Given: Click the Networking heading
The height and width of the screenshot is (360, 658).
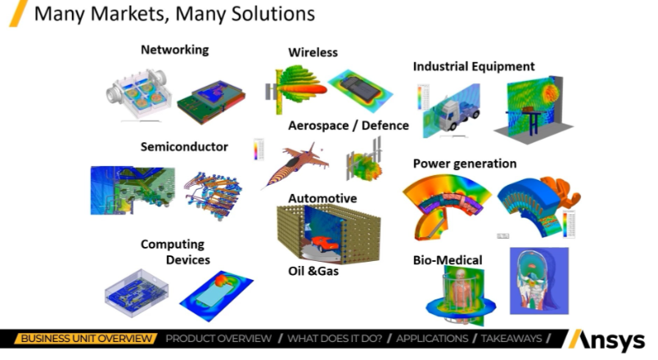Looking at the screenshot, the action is point(174,50).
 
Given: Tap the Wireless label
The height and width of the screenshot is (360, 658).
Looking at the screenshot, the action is point(313,52).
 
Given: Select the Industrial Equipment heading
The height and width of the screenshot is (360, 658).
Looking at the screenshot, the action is point(474,66).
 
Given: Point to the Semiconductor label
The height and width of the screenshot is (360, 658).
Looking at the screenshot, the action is point(184,146).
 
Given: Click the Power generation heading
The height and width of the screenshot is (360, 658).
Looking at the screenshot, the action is point(465,164).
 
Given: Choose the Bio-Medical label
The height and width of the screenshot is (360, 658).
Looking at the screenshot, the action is point(448,260).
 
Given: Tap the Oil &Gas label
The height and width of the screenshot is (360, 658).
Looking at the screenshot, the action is point(313,271).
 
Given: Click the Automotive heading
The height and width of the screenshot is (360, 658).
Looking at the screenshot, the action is point(322,198).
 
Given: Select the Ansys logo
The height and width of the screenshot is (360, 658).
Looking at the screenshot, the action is point(606,340).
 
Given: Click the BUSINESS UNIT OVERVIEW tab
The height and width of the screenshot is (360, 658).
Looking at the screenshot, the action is point(86,339).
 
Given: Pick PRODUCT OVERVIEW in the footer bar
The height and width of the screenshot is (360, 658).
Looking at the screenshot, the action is point(219,339).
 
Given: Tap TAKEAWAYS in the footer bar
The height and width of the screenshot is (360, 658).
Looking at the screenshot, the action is point(512,339).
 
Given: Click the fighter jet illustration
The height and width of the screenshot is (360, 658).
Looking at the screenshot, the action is point(295,164).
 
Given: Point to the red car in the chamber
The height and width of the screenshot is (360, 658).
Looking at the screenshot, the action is point(324,243).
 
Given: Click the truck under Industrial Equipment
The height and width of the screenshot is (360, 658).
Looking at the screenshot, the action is point(456,112).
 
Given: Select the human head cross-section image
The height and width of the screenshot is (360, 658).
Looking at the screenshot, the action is point(539,281).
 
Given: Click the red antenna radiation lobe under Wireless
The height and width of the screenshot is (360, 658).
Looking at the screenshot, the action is point(303,89).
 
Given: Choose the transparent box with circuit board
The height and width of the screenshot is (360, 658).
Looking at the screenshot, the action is point(137,293).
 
